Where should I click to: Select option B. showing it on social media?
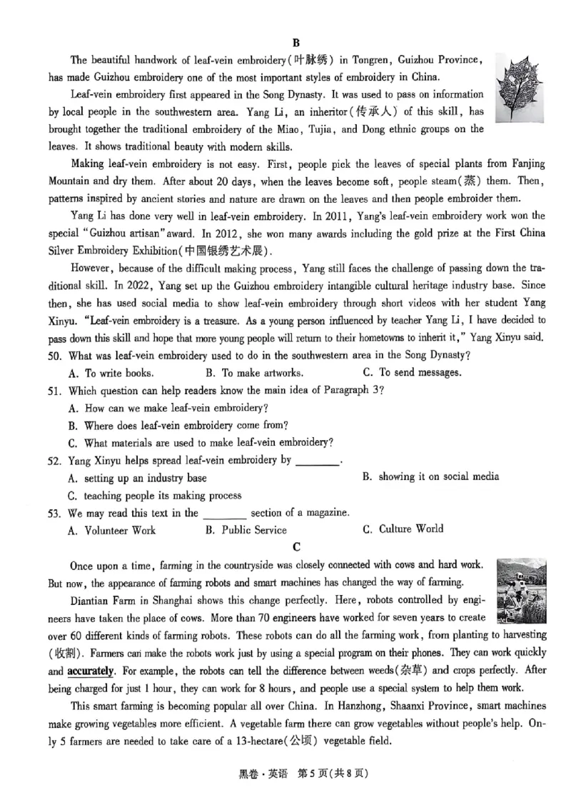[430, 476]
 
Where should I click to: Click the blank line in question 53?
[225, 514]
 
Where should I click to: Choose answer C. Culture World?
[403, 529]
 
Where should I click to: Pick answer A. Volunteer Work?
[112, 530]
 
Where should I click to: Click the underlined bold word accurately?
[91, 671]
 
